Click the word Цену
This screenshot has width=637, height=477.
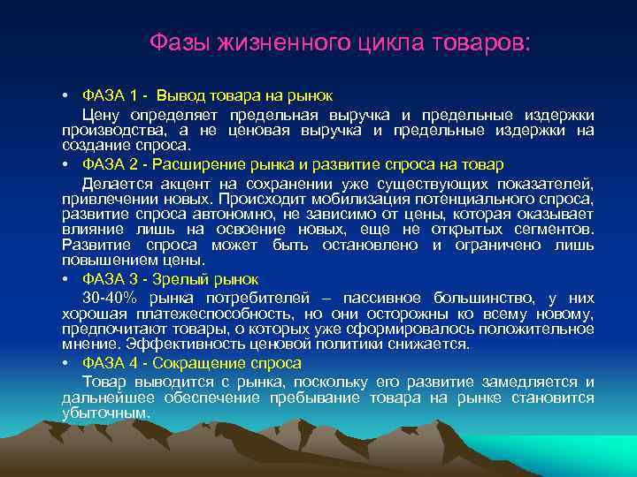(98, 116)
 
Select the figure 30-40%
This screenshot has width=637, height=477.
(110, 298)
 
